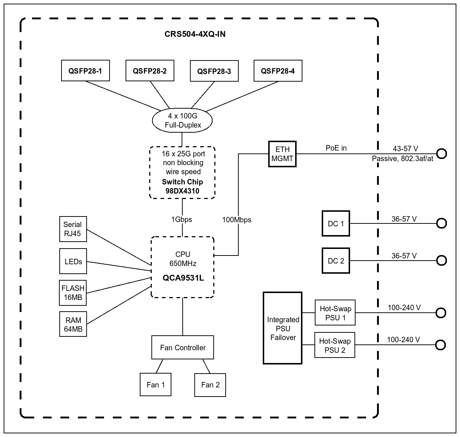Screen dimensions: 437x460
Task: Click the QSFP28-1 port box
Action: [85, 71]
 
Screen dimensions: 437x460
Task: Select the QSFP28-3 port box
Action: [214, 71]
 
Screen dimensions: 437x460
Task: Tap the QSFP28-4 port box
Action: [278, 71]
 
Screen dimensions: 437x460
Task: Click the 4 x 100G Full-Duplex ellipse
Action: [182, 120]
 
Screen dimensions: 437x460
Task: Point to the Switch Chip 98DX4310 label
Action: [182, 186]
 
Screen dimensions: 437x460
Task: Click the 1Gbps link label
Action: [182, 219]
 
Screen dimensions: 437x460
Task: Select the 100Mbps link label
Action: [237, 220]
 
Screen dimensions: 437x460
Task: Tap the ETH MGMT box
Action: [282, 154]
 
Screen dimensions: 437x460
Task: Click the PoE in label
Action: [336, 148]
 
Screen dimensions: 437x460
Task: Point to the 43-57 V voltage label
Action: [405, 149]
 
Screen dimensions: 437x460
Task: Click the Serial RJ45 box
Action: [73, 229]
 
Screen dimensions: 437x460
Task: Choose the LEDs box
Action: [73, 261]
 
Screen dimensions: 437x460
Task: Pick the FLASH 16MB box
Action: [73, 293]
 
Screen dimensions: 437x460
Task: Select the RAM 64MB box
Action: [73, 324]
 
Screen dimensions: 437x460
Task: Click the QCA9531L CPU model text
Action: [183, 278]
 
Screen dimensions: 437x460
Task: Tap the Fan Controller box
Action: [183, 347]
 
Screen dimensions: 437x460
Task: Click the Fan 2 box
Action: [210, 385]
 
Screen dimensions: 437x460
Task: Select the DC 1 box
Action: [336, 223]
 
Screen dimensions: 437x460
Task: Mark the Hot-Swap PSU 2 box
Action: [335, 345]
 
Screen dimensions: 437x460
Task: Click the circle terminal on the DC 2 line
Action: [441, 261]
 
